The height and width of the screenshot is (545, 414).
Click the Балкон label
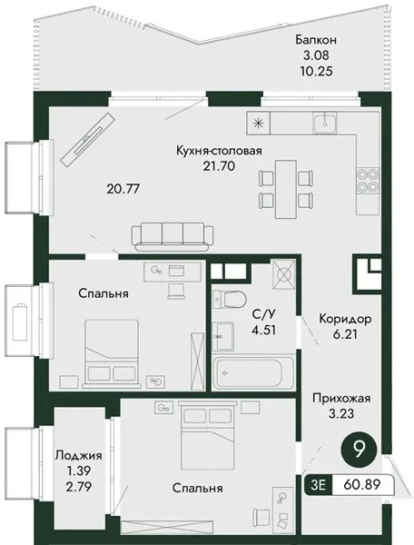pyautogui.click(x=316, y=40)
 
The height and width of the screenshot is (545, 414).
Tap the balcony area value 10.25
pyautogui.click(x=316, y=71)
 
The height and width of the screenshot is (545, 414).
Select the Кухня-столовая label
pyautogui.click(x=219, y=151)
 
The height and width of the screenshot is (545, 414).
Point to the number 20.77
pyautogui.click(x=123, y=189)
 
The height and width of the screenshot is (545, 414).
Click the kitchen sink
pyautogui.click(x=324, y=123)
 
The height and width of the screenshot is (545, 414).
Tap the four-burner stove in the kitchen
pyautogui.click(x=369, y=180)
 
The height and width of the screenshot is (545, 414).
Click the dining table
pyautogui.click(x=286, y=189)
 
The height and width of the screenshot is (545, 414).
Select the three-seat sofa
pyautogui.click(x=172, y=237)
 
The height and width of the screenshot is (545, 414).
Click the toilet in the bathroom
pyautogui.click(x=229, y=299)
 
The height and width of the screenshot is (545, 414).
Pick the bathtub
pyautogui.click(x=252, y=372)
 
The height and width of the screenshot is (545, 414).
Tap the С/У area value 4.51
pyautogui.click(x=264, y=330)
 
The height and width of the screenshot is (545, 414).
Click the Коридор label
pyautogui.click(x=345, y=319)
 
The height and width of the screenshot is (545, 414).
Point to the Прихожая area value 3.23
pyautogui.click(x=341, y=414)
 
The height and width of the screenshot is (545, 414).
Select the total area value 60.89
pyautogui.click(x=361, y=484)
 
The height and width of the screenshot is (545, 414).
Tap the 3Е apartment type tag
pyautogui.click(x=318, y=484)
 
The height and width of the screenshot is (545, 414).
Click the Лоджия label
pyautogui.click(x=79, y=455)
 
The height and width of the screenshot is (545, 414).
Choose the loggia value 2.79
pyautogui.click(x=79, y=487)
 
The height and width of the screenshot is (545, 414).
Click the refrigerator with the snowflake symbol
pyautogui.click(x=258, y=123)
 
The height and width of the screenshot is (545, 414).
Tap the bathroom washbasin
pyautogui.click(x=222, y=336)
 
